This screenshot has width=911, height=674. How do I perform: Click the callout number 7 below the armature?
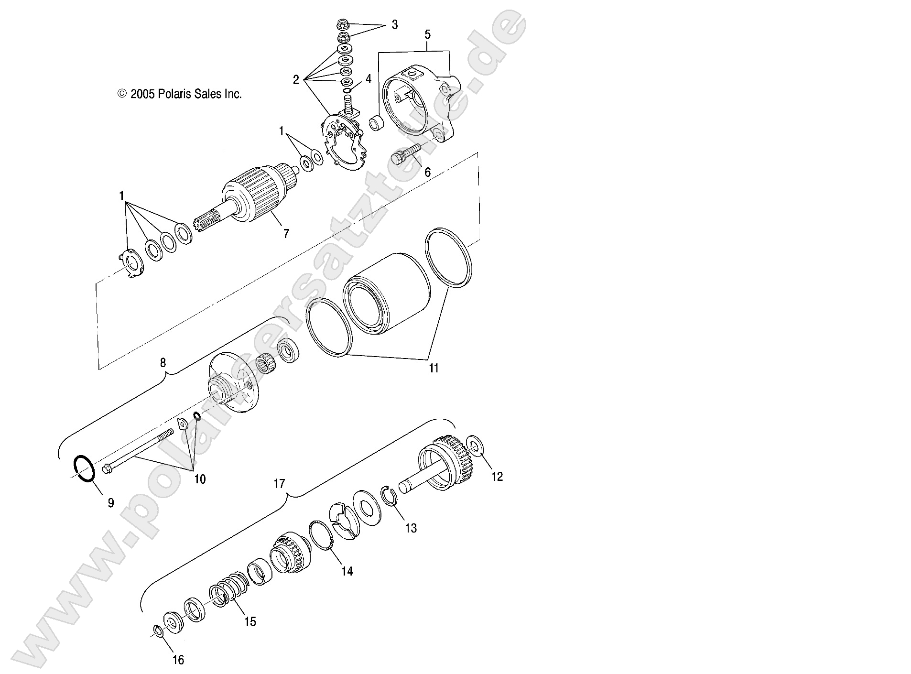286,234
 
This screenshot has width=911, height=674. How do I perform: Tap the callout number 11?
433,368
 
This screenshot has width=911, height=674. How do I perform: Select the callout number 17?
279,484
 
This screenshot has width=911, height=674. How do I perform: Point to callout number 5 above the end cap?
427,34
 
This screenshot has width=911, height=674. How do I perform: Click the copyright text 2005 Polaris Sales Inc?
180,94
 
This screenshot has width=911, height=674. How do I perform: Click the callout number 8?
163,363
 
